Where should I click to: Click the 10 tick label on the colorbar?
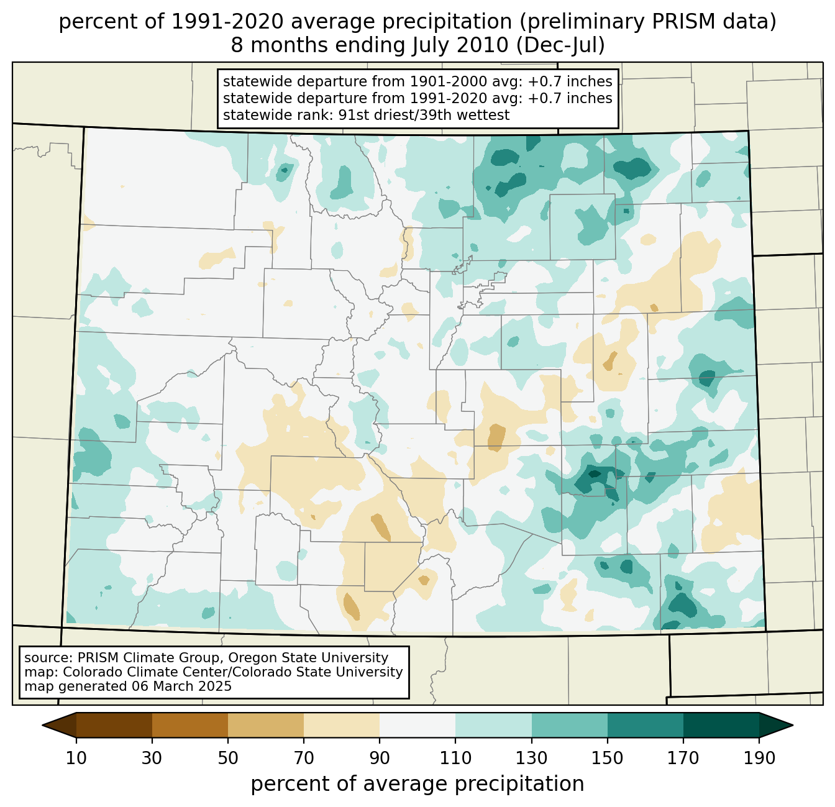click(x=76, y=759)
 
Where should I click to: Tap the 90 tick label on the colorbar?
click(x=380, y=759)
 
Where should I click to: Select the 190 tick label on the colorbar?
click(x=759, y=759)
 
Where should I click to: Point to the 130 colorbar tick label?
click(x=531, y=759)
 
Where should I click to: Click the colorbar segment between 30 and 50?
click(x=190, y=725)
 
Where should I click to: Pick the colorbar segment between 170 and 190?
click(x=721, y=725)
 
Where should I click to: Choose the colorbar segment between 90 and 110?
click(x=417, y=725)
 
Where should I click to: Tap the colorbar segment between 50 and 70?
click(x=266, y=725)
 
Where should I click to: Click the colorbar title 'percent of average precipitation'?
click(x=417, y=784)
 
